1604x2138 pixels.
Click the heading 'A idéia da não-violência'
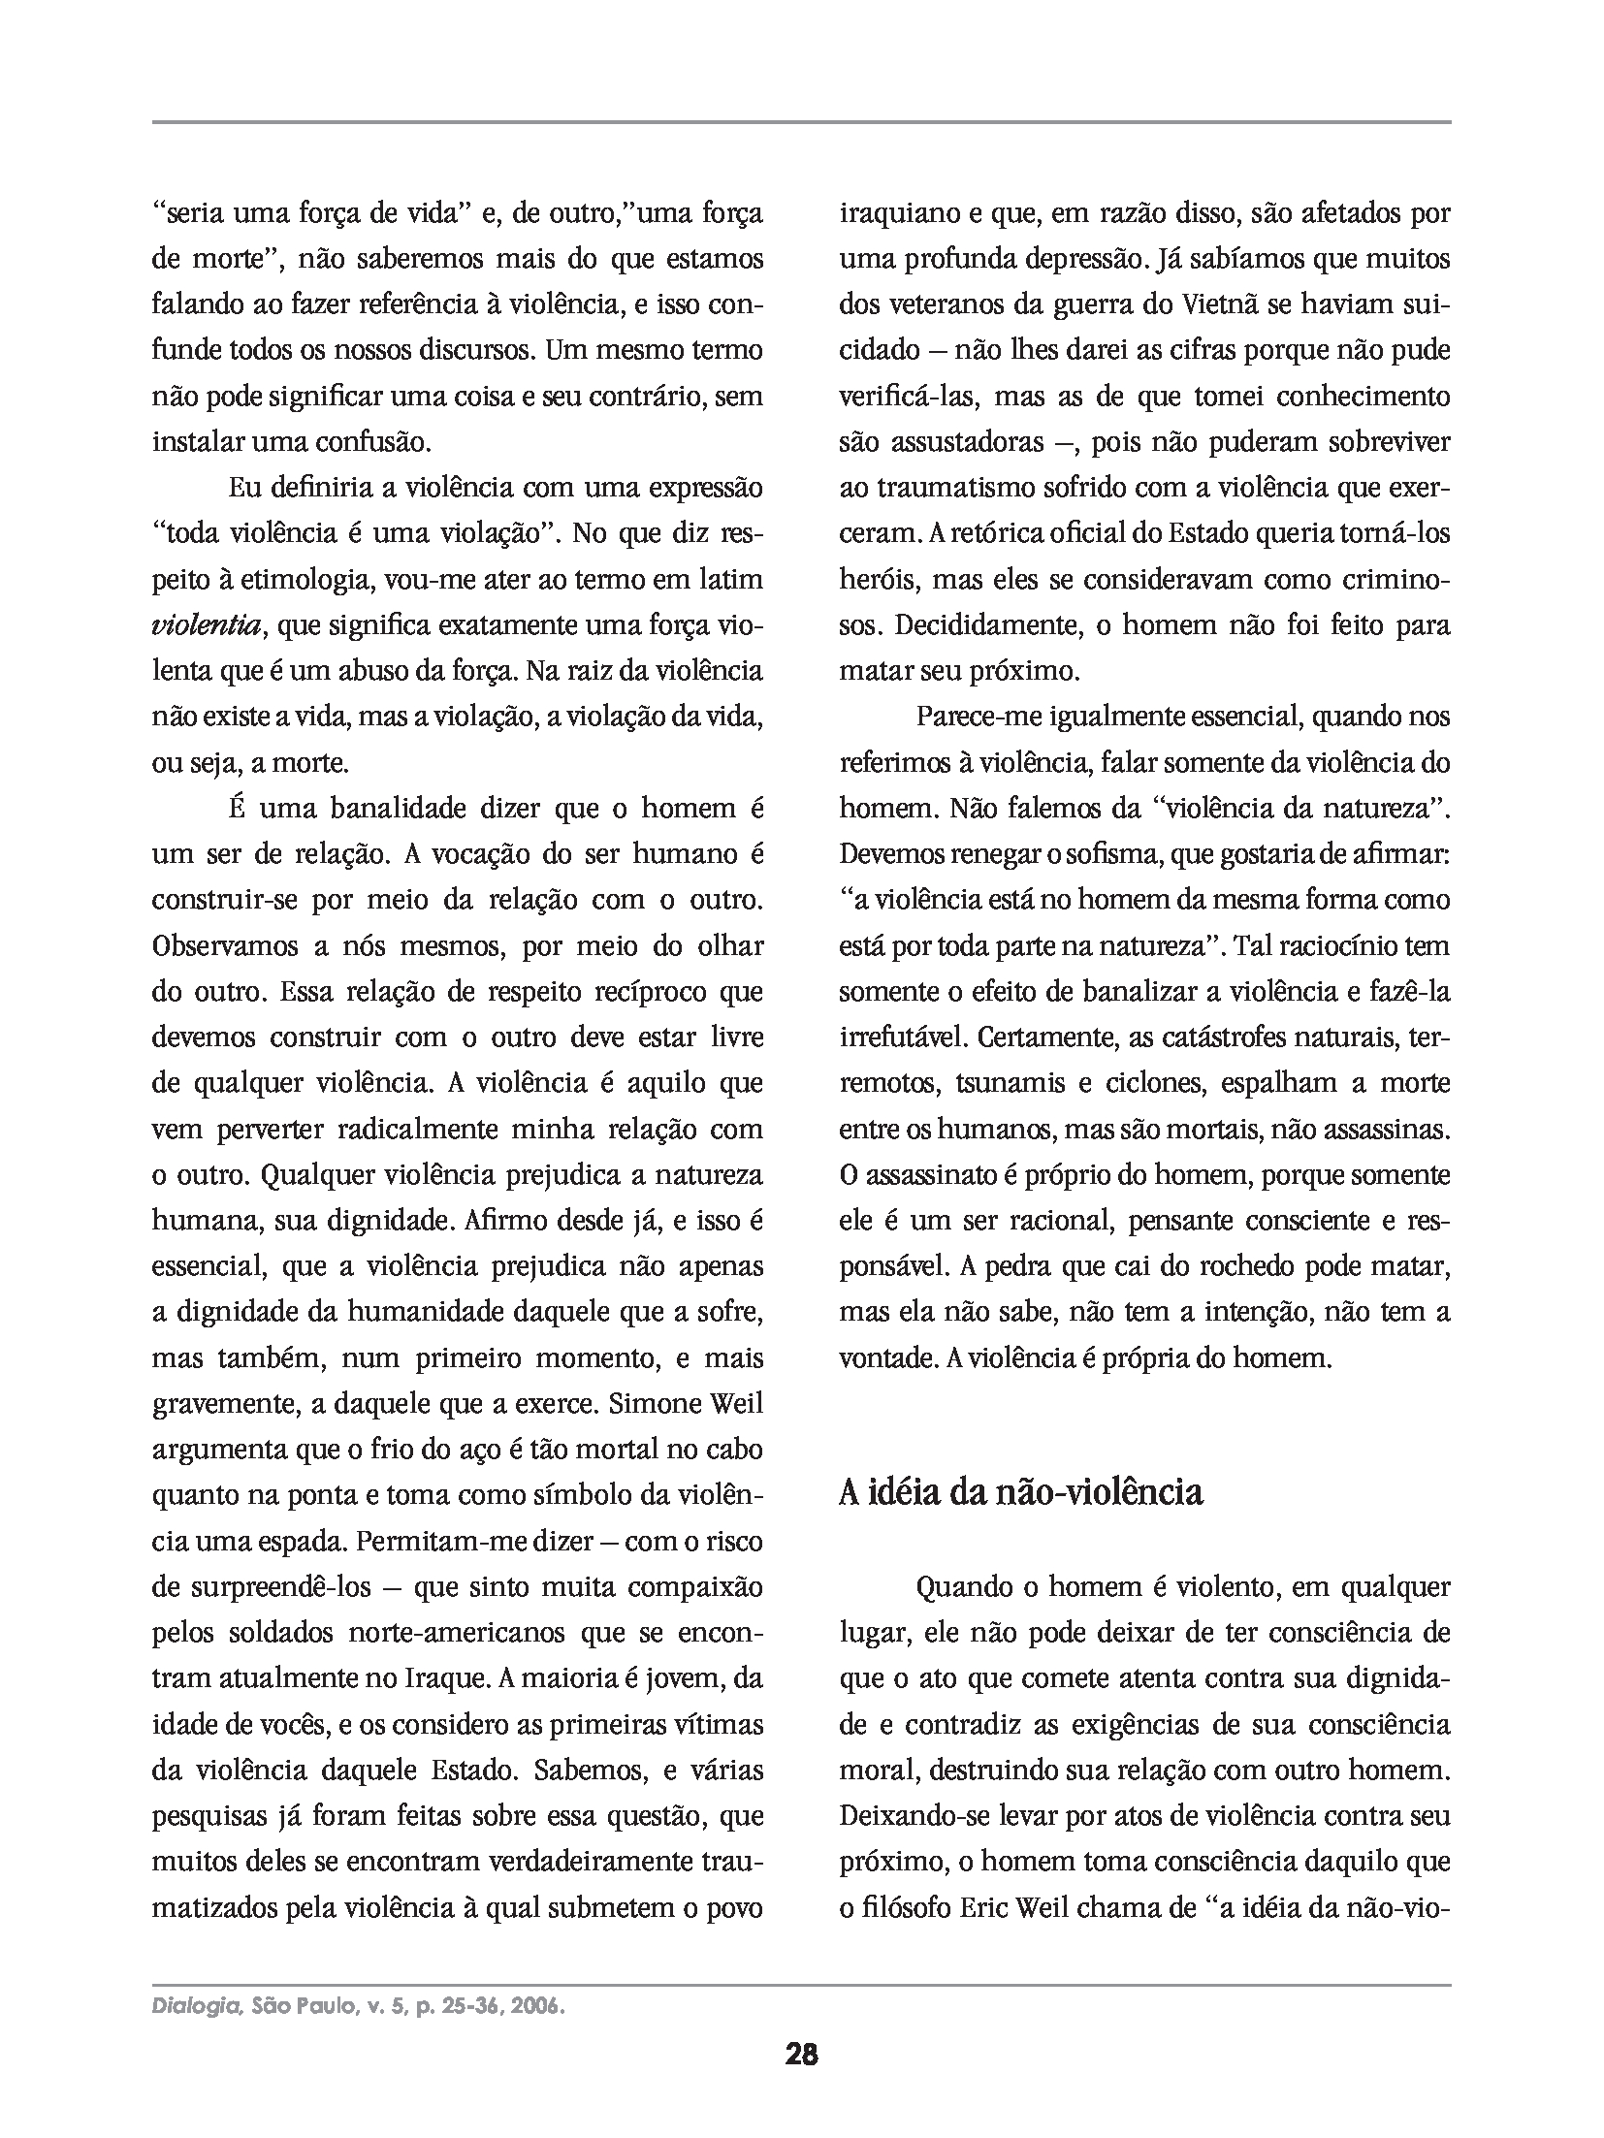1020,1492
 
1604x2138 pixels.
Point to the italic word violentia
206,625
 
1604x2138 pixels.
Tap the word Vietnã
1216,304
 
